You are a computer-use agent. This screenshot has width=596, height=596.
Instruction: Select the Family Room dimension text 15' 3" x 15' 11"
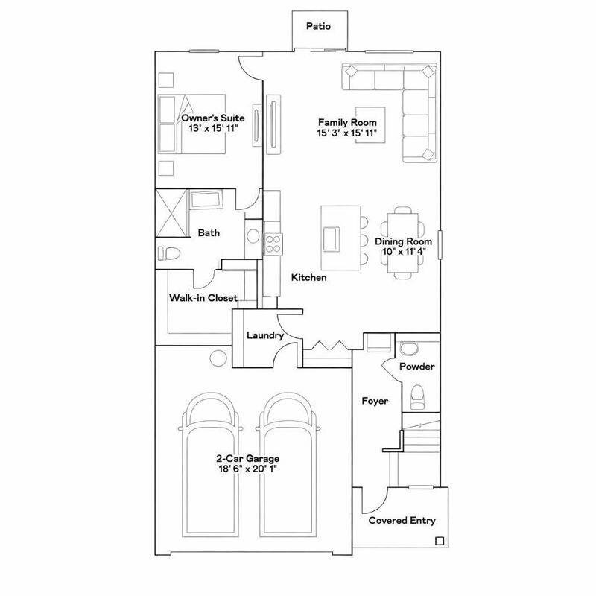click(x=347, y=133)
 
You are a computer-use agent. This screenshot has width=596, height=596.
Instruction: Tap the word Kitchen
click(x=308, y=277)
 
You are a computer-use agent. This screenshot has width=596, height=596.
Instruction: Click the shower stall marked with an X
click(x=172, y=214)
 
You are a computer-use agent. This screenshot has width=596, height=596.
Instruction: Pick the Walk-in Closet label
click(x=203, y=298)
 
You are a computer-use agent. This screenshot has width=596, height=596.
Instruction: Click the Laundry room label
click(x=264, y=336)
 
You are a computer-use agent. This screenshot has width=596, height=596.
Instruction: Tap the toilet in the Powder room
click(x=417, y=393)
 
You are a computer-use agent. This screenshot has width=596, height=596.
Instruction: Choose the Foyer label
click(x=375, y=401)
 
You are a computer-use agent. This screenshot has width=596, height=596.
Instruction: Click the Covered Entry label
click(x=402, y=521)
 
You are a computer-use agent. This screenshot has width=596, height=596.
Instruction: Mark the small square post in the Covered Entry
click(x=439, y=541)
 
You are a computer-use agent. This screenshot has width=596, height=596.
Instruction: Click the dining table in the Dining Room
click(x=403, y=242)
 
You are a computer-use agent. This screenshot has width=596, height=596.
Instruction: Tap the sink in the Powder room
click(x=408, y=349)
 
